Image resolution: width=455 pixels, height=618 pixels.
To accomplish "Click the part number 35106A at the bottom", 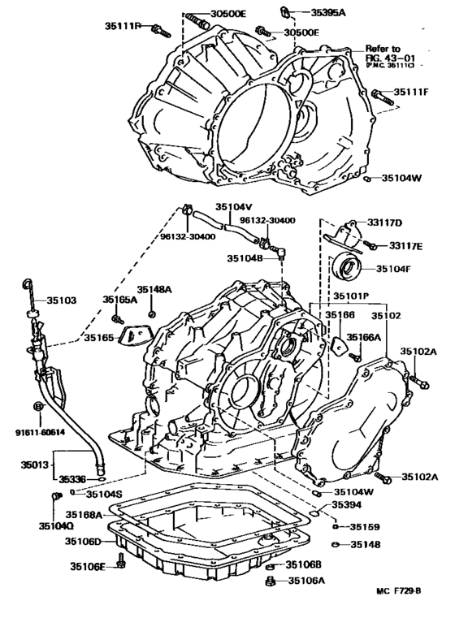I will pyautogui.click(x=307, y=580).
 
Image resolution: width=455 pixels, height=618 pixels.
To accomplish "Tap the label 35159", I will pyautogui.click(x=365, y=526).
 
